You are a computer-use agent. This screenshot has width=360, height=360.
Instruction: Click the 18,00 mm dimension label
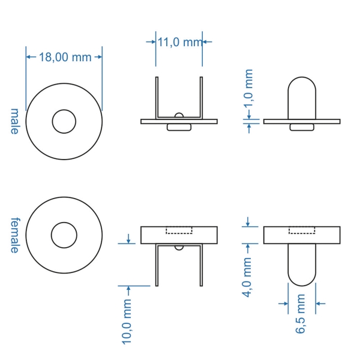[x=65, y=57]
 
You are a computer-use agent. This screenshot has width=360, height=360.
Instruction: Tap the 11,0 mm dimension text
[x=180, y=42]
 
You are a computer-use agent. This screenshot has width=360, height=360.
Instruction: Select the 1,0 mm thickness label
[x=248, y=89]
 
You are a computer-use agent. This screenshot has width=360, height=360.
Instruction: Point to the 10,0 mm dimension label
[x=127, y=322]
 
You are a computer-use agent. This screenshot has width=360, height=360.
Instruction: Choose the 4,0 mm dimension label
[x=247, y=277]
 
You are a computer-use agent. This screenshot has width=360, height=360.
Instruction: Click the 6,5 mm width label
[x=301, y=314]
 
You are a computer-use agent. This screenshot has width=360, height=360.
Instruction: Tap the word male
[x=14, y=121]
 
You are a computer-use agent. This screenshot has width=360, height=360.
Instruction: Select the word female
[x=15, y=235]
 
